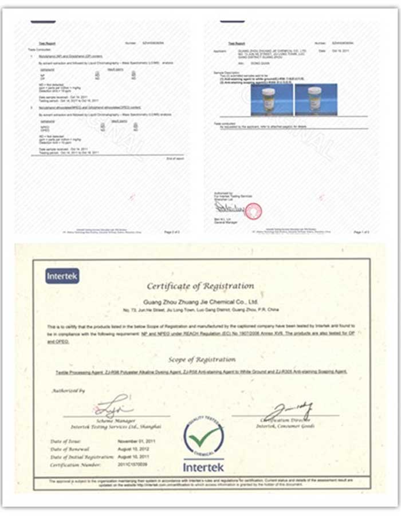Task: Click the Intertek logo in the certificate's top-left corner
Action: point(62,276)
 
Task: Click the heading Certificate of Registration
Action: point(200,286)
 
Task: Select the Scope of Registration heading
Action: point(202,359)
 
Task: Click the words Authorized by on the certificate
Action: point(69,391)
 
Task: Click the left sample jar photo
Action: point(271,99)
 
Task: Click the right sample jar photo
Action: point(316,99)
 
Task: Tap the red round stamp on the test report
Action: point(253,211)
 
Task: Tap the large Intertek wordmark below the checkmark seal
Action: point(203,467)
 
